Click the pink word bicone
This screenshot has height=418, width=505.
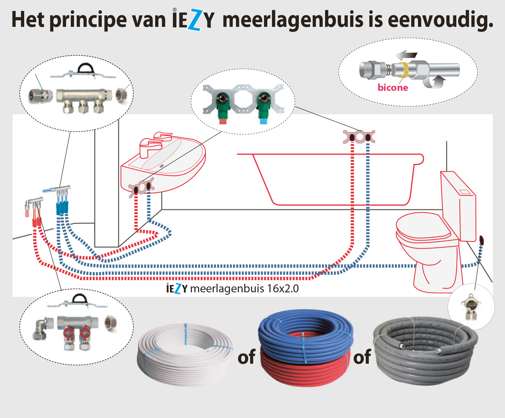click(393, 88)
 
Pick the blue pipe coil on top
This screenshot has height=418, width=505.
click(305, 333)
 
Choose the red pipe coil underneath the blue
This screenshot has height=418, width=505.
click(304, 373)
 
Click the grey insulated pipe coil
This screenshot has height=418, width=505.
click(425, 351)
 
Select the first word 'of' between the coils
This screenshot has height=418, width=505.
click(246, 357)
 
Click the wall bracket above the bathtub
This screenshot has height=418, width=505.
click(359, 137)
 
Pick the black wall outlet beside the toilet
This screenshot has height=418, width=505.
click(481, 240)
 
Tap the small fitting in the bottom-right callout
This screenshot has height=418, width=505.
click(471, 307)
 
